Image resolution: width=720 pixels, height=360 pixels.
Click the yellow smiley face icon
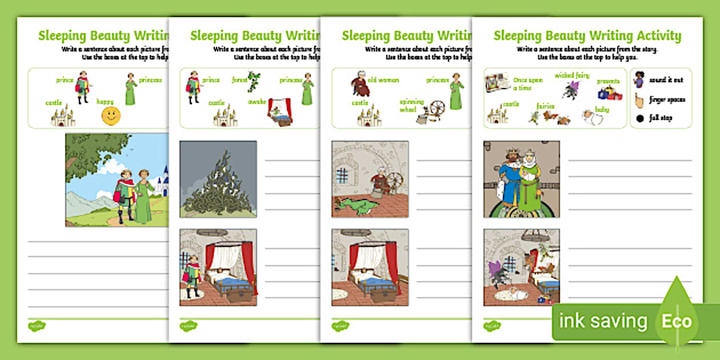pyautogui.click(x=111, y=115)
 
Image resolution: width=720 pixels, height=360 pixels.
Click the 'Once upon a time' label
pyautogui.click(x=527, y=84)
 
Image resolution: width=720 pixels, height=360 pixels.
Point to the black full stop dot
pyautogui.click(x=639, y=118)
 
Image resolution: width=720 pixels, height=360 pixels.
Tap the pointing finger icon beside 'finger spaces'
pyautogui.click(x=639, y=99)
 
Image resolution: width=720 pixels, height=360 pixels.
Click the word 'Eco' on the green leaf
pyautogui.click(x=677, y=321)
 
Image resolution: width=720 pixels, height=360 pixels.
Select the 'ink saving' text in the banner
pyautogui.click(x=603, y=321)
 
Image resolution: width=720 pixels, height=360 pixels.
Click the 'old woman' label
pyautogui.click(x=383, y=80)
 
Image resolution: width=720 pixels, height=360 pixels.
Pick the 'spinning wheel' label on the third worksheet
pyautogui.click(x=411, y=105)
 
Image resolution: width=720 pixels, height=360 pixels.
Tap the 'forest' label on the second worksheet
pyautogui.click(x=239, y=81)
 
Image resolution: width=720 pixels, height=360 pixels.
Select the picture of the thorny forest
pyautogui.click(x=218, y=179)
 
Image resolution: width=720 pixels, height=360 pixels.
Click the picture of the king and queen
pyautogui.click(x=521, y=179)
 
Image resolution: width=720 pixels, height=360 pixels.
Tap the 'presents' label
pyautogui.click(x=608, y=81)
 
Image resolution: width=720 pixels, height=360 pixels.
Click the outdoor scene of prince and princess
pyautogui.click(x=117, y=180)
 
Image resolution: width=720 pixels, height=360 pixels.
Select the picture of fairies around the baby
pyautogui.click(x=521, y=267)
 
